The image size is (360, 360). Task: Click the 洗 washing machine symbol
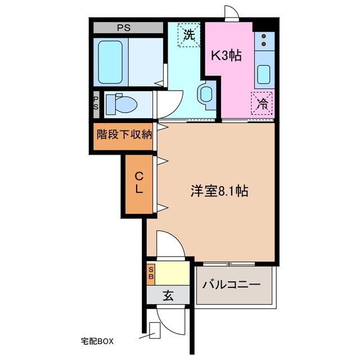coord(190,34)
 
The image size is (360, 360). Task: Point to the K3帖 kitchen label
coord(226,55)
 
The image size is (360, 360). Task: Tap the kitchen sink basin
coord(264,74)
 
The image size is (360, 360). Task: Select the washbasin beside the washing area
coord(206,94)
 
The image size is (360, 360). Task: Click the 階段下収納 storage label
coord(124,134)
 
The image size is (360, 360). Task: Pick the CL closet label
coord(138,182)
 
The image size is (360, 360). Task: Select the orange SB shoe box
coord(151,273)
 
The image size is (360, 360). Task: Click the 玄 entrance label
coord(168,295)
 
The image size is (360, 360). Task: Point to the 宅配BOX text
coord(97,341)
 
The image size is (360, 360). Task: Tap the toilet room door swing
coord(168,105)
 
